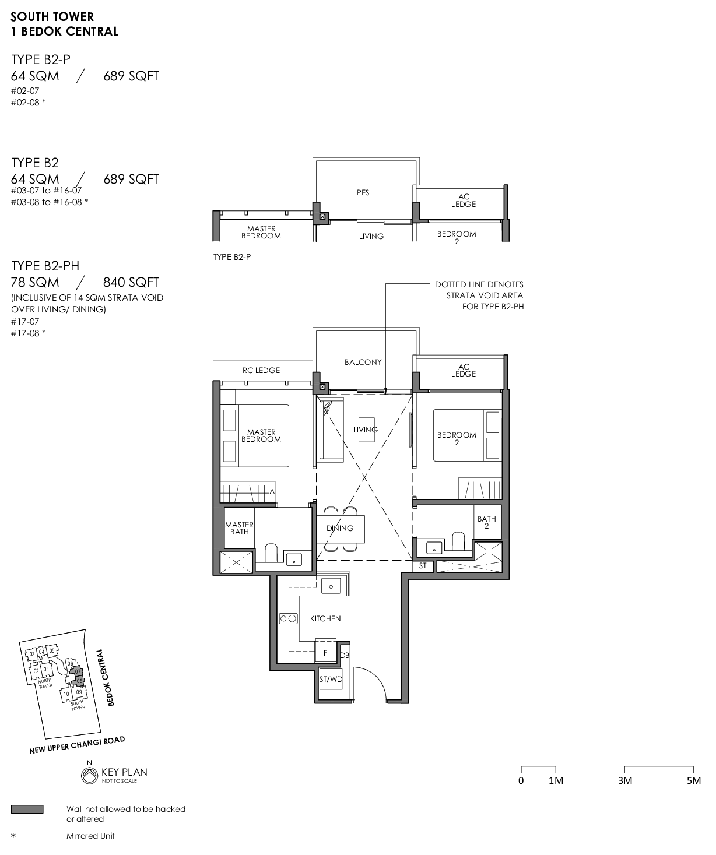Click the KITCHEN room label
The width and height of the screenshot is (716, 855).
tap(325, 618)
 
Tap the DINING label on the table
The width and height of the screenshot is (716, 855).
tap(340, 528)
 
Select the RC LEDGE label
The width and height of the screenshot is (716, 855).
tap(261, 370)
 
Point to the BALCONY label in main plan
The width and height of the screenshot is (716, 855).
tap(363, 362)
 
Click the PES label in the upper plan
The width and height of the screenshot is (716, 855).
tap(363, 192)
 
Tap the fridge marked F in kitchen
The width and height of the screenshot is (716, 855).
tap(325, 653)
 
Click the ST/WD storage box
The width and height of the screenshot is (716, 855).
tap(331, 680)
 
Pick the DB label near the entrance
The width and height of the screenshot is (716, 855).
tap(345, 655)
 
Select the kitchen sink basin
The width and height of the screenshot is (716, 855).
tap(331, 586)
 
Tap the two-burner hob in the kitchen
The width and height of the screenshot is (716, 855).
tap(289, 619)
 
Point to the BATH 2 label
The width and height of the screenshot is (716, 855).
tap(487, 522)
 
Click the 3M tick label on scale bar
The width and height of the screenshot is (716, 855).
tap(625, 781)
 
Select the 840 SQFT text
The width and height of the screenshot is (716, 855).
tap(131, 282)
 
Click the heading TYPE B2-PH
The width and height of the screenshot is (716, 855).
tap(45, 266)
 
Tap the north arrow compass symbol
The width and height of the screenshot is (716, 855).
tap(89, 775)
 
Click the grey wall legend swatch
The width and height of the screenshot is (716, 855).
tap(27, 809)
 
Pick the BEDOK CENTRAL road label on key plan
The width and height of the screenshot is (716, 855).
tap(106, 677)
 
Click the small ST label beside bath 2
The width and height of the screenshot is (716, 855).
tap(423, 566)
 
